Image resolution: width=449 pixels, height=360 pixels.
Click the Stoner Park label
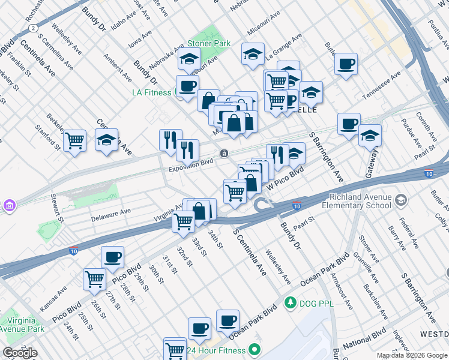click(208, 44)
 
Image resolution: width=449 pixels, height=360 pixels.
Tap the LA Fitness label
click(152, 92)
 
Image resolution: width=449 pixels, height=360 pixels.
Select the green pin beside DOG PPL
click(291, 301)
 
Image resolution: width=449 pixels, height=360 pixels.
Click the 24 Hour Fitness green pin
click(255, 349)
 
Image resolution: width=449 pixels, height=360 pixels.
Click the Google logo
click(20, 353)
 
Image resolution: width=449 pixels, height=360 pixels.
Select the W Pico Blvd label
click(285, 177)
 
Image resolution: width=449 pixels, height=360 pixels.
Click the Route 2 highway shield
click(35, 28)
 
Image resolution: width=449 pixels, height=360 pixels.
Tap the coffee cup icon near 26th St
click(112, 258)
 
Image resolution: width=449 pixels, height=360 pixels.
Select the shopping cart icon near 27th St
click(95, 278)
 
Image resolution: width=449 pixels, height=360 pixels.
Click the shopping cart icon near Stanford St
click(74, 141)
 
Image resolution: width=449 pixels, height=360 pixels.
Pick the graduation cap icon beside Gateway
click(370, 136)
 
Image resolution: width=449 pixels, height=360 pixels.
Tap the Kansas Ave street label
click(54, 297)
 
